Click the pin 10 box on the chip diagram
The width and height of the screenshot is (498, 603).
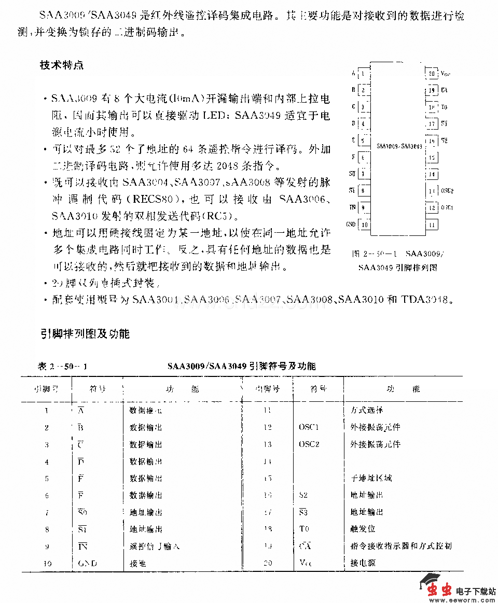click(365, 225)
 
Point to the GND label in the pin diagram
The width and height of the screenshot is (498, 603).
click(351, 225)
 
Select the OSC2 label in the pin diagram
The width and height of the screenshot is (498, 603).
click(447, 191)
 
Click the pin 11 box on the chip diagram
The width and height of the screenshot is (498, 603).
click(432, 225)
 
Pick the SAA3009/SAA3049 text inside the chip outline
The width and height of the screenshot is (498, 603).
click(398, 147)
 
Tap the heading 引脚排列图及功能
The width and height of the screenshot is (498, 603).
click(85, 333)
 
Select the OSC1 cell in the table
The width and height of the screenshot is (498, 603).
click(309, 427)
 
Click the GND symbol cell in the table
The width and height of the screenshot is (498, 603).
click(87, 563)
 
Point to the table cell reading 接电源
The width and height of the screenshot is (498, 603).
click(363, 563)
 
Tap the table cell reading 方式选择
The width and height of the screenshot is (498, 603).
click(366, 410)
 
